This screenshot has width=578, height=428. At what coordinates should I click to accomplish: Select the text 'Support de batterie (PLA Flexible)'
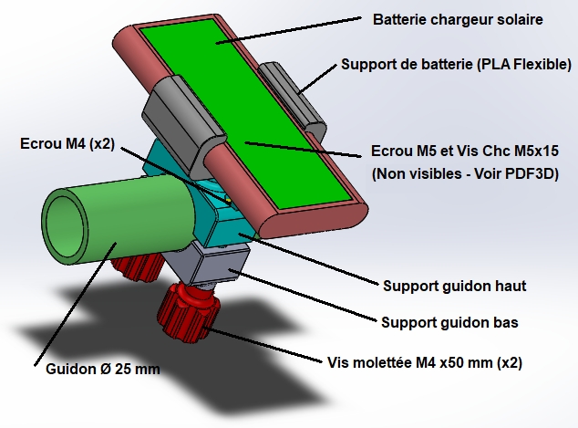[456, 65]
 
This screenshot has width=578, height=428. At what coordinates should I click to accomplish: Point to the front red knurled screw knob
[191, 310]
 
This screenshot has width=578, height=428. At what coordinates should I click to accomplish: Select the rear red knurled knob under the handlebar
[137, 267]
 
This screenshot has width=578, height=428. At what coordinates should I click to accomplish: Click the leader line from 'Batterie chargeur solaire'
[292, 28]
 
